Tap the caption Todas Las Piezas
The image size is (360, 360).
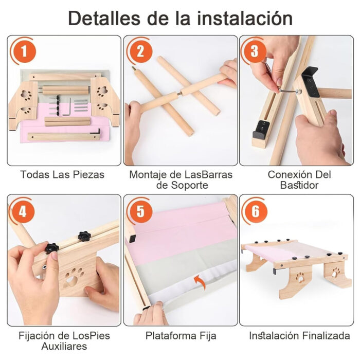click(62, 175)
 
